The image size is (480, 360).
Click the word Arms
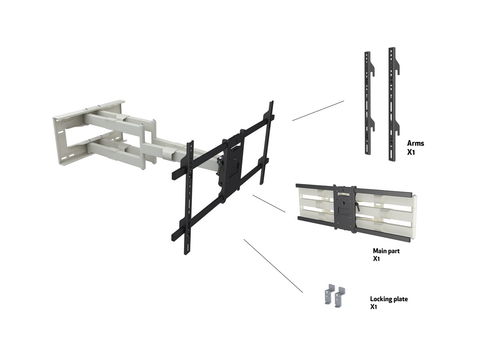coord(416,143)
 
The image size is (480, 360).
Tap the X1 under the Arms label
coord(411,152)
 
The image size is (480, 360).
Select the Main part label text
coord(386,251)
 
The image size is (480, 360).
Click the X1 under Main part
coord(376,259)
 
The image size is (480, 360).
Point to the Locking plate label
coord(389,299)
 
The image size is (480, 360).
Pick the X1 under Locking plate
coord(374,307)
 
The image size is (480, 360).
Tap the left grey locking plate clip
coord(329,294)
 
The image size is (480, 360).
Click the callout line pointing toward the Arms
coord(318,111)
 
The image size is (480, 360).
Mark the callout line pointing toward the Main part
coord(269,204)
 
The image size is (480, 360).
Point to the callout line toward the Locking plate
coord(273,266)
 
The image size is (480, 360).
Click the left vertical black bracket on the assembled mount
coord(189,198)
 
